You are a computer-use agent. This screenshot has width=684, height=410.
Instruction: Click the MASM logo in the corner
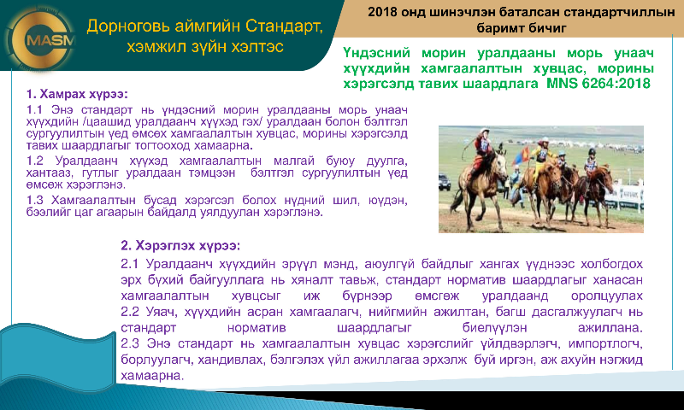[42, 39]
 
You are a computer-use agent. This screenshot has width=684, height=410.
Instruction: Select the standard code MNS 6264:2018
[598, 83]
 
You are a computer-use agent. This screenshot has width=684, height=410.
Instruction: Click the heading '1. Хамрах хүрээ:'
[77, 94]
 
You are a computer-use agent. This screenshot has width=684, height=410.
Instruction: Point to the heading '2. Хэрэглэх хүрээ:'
[180, 246]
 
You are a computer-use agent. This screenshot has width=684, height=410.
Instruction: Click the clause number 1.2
[34, 161]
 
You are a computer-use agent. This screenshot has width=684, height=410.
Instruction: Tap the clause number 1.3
[34, 201]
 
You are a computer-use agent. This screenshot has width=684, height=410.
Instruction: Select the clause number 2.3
[130, 343]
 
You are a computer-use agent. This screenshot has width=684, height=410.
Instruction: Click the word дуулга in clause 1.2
[387, 161]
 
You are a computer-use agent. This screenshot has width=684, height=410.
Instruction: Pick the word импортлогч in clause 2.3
[604, 344]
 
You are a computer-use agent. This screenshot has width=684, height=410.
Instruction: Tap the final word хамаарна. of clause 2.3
[152, 376]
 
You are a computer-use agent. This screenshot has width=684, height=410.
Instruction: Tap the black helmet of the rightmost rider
[592, 152]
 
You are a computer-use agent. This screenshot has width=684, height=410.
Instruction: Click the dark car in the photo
[445, 182]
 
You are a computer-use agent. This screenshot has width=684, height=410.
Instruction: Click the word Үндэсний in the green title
[376, 54]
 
